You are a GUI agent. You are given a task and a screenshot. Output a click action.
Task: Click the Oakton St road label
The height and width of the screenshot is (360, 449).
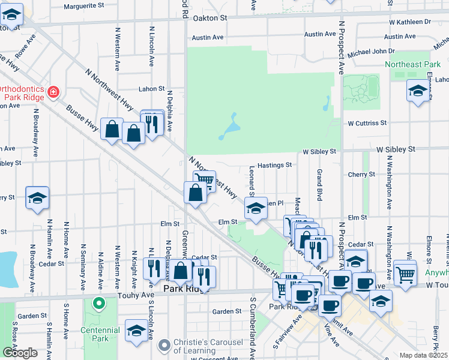point(210,19)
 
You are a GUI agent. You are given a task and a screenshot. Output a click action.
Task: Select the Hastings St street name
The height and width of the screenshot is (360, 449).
point(274,164)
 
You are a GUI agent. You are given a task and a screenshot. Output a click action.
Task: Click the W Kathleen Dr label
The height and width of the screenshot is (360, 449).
point(410,22)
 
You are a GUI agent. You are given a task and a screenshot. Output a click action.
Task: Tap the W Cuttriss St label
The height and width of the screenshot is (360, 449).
point(367,123)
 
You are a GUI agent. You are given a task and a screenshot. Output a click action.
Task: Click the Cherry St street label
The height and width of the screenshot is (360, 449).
point(361,175)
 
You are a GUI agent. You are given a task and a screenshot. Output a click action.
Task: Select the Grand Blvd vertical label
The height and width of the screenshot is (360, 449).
point(320,185)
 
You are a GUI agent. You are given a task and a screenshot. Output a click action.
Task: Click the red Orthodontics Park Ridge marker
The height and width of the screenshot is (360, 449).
point(53,92)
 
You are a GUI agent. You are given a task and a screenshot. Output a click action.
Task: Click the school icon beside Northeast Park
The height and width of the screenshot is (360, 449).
point(418,91)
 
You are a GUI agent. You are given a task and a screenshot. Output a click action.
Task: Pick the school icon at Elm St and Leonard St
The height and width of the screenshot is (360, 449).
point(256,209)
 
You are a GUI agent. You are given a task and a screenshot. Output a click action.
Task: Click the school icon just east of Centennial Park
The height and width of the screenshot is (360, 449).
point(136,331)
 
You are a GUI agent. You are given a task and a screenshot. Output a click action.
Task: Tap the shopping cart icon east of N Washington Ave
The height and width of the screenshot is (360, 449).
point(406,274)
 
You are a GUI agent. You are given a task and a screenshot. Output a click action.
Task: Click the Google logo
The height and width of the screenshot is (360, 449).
point(19,353)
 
